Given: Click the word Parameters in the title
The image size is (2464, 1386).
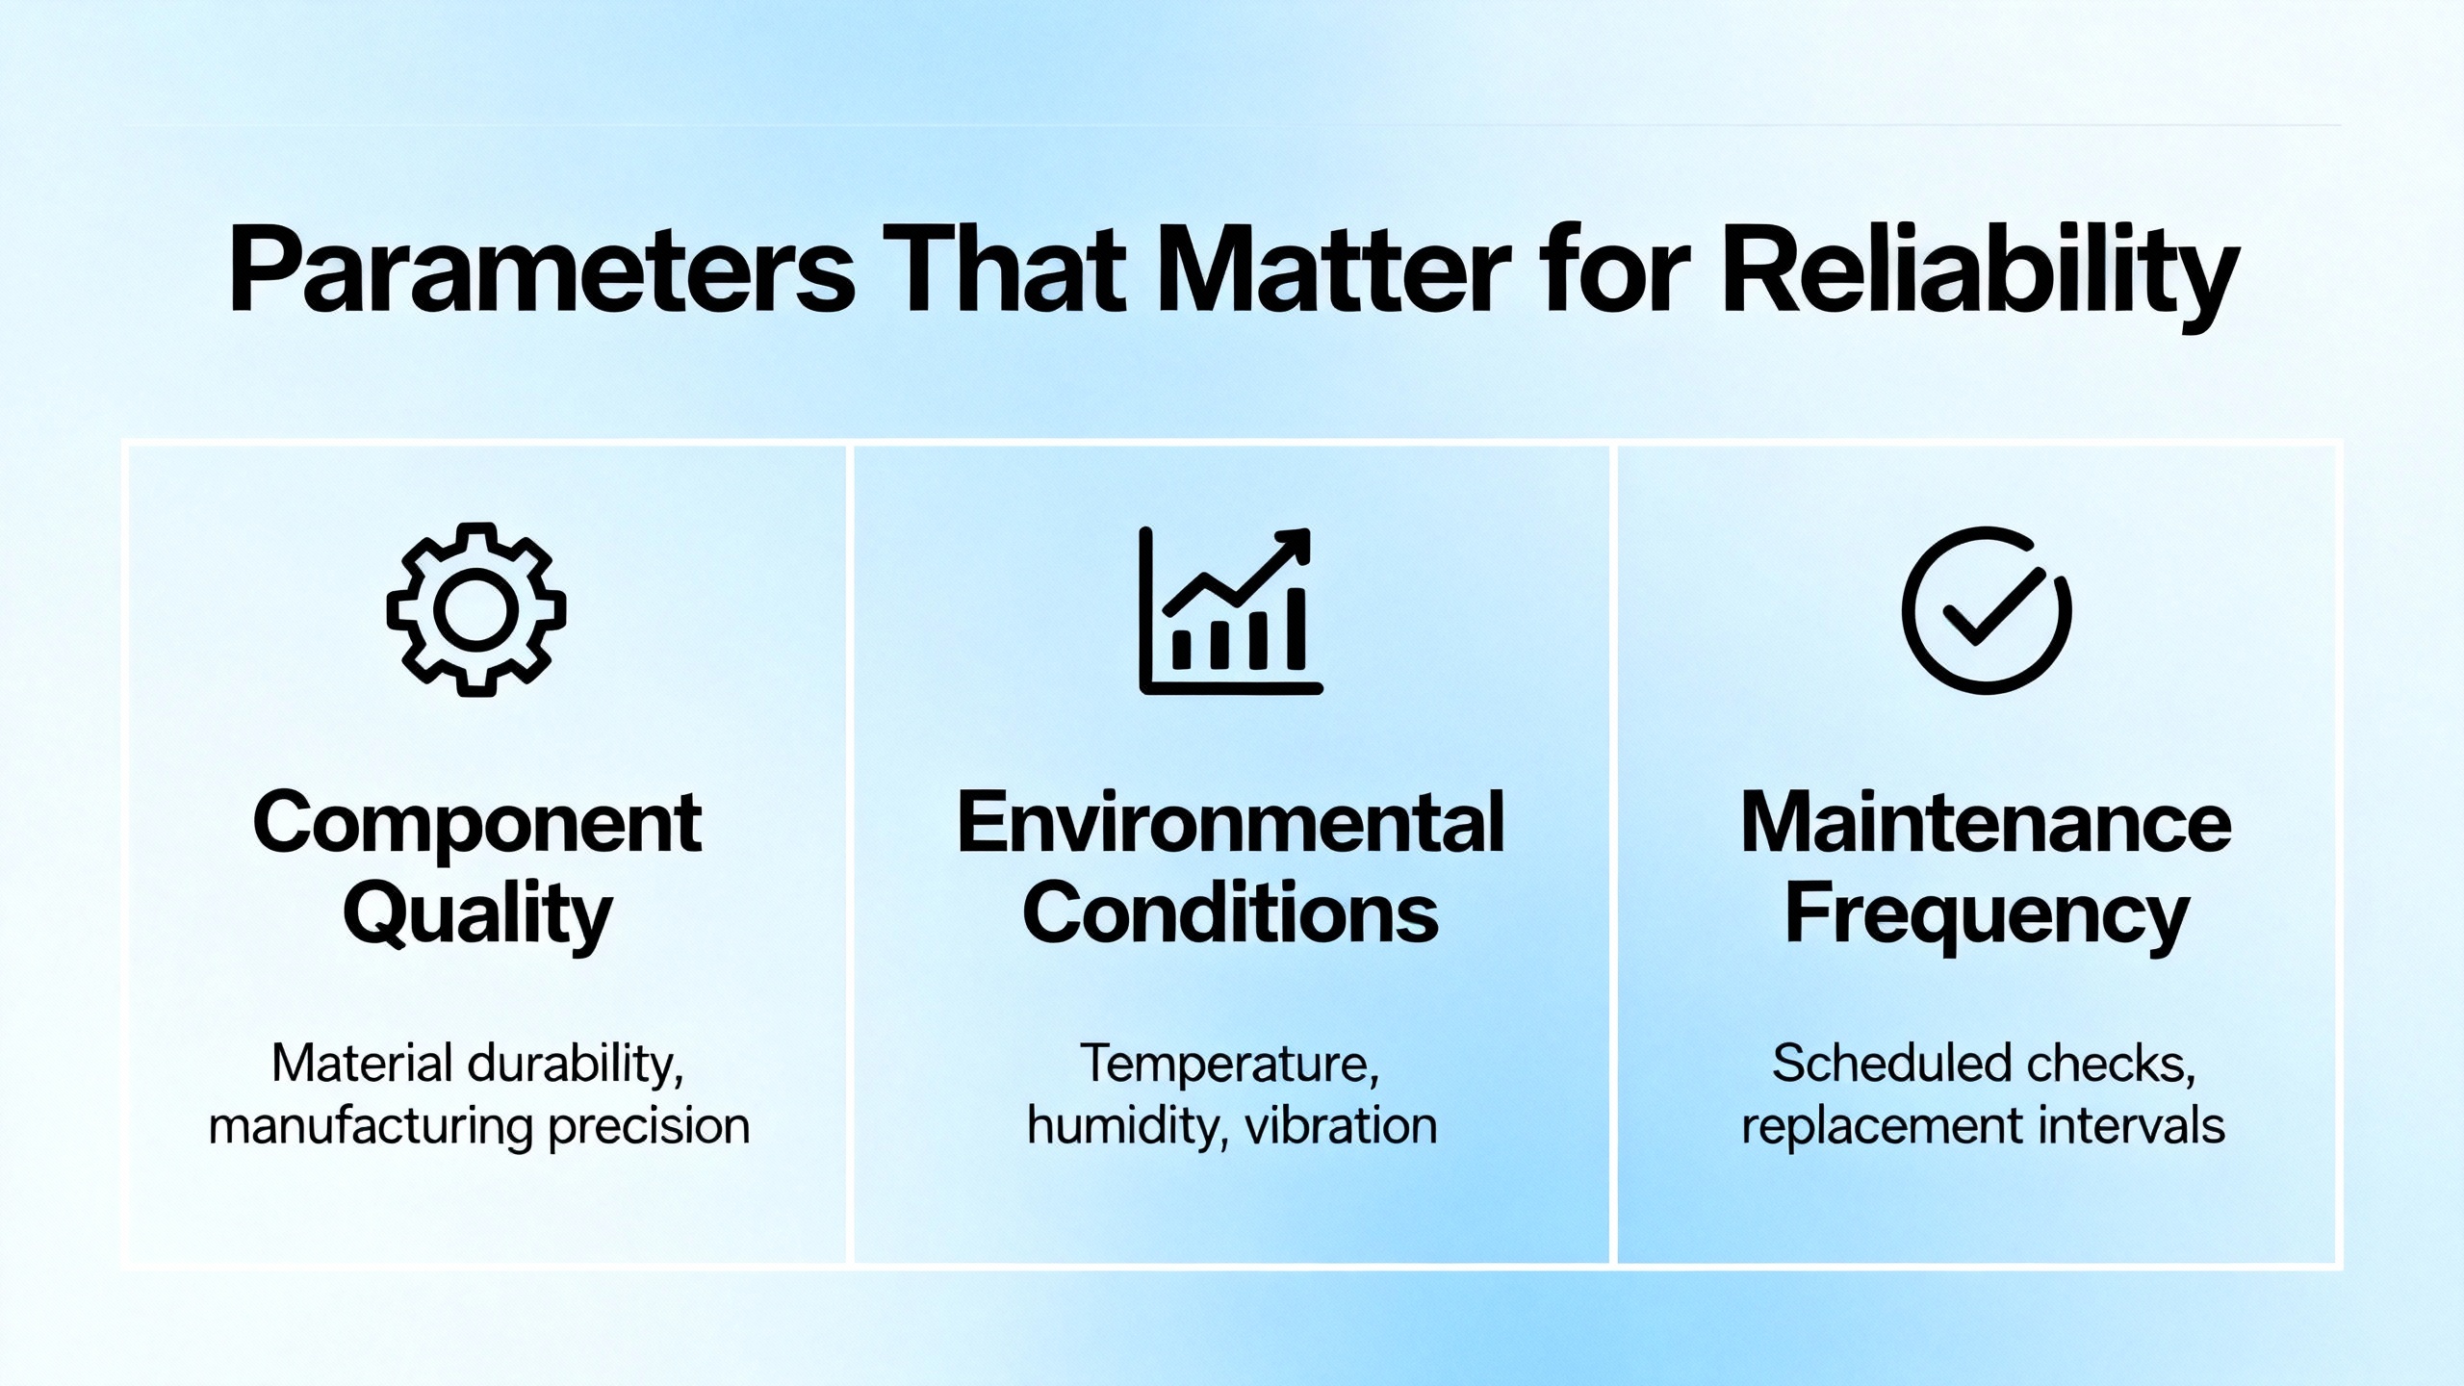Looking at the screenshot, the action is click(542, 270).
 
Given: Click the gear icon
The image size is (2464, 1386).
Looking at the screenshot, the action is click(476, 610).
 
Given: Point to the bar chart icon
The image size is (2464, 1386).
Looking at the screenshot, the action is click(1230, 610).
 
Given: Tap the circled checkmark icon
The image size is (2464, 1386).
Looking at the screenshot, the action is click(1987, 610).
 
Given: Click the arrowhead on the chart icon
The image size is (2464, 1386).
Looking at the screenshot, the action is click(1291, 547).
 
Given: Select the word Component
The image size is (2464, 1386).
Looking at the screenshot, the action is click(477, 826).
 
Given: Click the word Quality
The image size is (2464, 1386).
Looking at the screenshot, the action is click(477, 915).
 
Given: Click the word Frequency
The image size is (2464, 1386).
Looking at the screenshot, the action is click(1987, 915).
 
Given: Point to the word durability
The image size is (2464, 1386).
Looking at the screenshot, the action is click(576, 1065).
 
